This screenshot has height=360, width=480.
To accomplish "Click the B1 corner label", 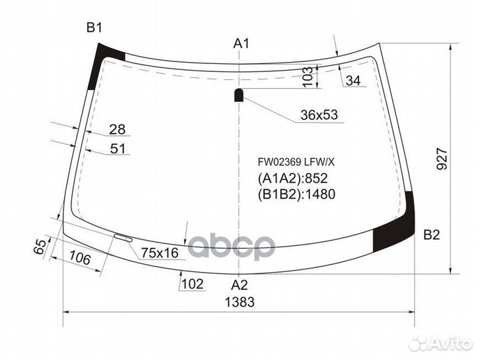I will click(x=94, y=27).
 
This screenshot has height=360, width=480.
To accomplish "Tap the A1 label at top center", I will click(x=241, y=44).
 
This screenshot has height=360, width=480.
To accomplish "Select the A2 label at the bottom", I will click(x=239, y=285).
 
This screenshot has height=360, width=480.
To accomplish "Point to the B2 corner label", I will click(x=432, y=235).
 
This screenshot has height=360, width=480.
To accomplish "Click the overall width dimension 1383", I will click(x=239, y=302).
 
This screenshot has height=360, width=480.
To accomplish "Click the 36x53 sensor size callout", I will click(x=319, y=115).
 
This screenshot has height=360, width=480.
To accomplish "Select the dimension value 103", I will click(x=307, y=77).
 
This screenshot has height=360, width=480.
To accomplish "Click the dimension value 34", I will click(x=353, y=81).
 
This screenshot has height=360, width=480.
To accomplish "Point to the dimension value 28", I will click(x=117, y=129).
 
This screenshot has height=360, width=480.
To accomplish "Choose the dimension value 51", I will click(x=117, y=149).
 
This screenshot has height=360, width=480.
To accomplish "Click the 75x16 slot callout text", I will click(x=160, y=253).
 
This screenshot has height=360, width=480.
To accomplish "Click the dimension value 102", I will click(x=192, y=284).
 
